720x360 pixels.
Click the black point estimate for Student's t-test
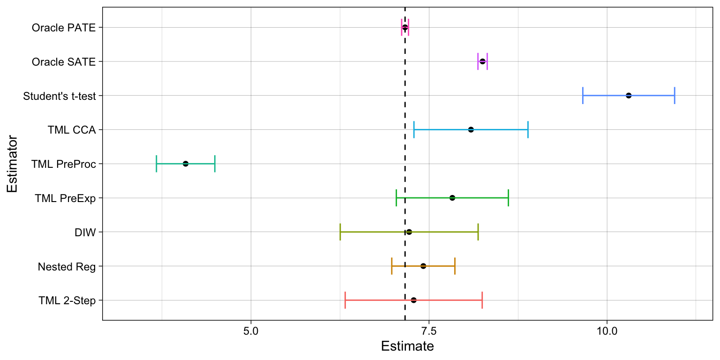click(629, 96)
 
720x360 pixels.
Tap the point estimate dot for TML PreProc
click(186, 164)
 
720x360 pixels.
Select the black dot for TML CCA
click(471, 129)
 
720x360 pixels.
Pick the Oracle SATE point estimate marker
click(482, 61)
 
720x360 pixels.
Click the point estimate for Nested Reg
click(423, 266)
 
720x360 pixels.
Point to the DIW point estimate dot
click(409, 232)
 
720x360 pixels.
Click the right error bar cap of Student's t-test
click(675, 96)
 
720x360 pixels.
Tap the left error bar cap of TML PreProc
click(156, 164)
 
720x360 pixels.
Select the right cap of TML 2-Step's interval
click(482, 300)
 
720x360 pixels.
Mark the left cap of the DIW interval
click(340, 232)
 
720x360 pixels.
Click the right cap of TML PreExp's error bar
click(508, 198)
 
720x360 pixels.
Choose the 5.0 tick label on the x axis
click(251, 331)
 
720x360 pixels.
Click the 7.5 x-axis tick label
click(429, 331)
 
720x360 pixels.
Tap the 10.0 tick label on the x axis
click(607, 331)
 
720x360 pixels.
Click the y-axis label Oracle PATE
click(64, 28)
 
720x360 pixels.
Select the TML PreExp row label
click(65, 198)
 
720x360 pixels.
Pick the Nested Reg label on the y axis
click(67, 266)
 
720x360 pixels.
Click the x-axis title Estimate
click(407, 347)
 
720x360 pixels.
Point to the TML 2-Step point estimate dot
click(413, 300)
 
